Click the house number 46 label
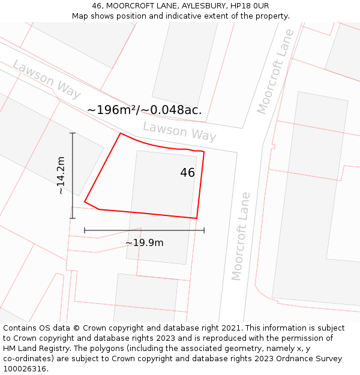187,173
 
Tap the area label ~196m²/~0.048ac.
144,110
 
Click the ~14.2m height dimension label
61,175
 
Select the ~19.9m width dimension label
144,242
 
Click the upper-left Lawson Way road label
46,79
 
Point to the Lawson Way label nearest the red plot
179,131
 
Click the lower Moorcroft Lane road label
241,236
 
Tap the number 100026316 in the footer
25,369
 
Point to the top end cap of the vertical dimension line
73,133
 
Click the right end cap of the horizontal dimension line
204,230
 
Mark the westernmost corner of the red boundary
85,202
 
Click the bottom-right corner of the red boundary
197,218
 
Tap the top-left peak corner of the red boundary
121,133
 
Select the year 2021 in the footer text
231,328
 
